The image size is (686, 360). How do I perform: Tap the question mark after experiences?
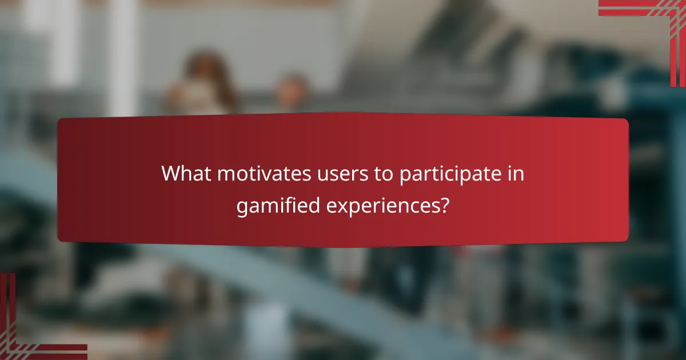pos(443,205)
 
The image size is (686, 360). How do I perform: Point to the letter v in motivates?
pos(261,175)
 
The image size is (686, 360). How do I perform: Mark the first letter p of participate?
pos(404,176)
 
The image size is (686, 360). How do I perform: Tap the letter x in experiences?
pos(341,206)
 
